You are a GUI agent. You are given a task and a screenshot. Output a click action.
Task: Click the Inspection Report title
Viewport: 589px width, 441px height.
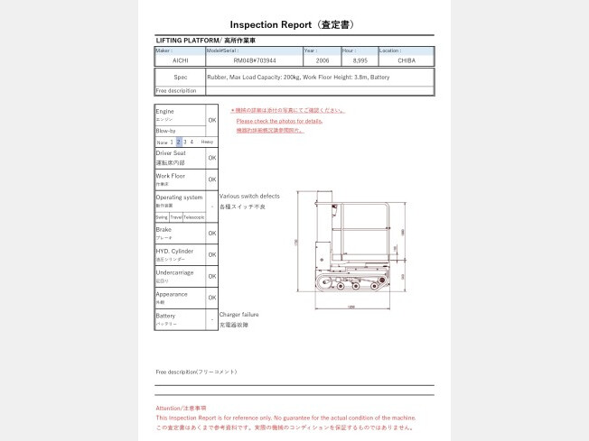click(x=294, y=24)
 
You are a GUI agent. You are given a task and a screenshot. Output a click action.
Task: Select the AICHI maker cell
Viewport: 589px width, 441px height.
click(x=180, y=61)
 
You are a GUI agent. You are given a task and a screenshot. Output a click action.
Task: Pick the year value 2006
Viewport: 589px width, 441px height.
click(x=322, y=61)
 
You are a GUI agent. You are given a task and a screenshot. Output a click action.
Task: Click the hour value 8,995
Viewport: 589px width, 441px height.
click(x=360, y=61)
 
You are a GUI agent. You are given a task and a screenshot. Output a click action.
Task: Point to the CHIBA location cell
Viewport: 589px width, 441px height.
click(x=406, y=61)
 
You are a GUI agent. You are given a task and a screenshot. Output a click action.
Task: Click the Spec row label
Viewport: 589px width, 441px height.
click(x=180, y=78)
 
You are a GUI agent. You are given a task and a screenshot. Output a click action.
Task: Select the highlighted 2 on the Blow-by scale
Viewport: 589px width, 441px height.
click(x=179, y=142)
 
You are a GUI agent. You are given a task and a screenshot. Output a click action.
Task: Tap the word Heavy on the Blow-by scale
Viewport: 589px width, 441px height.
click(x=207, y=142)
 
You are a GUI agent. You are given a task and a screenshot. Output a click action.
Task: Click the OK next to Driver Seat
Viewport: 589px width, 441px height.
click(x=211, y=158)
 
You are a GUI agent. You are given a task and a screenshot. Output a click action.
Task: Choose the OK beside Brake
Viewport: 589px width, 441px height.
click(x=211, y=233)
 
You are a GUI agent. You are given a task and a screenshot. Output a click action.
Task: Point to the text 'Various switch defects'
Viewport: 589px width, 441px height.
click(x=249, y=196)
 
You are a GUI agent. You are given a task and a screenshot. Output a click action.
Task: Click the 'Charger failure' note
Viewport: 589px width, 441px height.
click(x=238, y=315)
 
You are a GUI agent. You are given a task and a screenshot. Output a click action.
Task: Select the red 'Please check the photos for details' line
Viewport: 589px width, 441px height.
click(x=279, y=121)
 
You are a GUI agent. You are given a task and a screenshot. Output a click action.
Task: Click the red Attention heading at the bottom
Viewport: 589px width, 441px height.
click(x=181, y=409)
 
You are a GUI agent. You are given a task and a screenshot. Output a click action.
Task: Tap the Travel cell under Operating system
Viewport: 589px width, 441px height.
click(x=175, y=217)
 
